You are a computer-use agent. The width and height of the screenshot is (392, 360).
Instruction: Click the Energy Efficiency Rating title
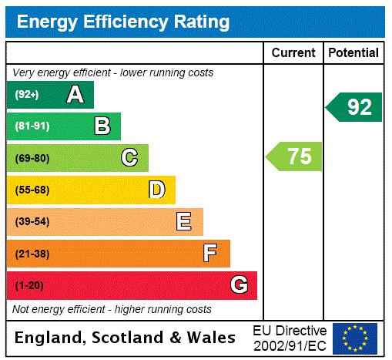(x=123, y=22)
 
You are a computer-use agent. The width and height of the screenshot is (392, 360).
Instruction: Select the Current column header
(x=293, y=53)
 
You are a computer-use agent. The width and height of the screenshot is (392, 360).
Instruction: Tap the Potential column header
(x=353, y=53)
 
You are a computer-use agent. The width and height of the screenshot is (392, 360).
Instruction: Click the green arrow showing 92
(x=355, y=107)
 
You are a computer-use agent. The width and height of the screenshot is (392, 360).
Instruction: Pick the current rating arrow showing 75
(x=295, y=156)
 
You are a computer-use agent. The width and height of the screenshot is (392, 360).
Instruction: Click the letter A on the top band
(x=75, y=95)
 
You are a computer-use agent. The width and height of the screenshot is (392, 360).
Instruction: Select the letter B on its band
(x=102, y=126)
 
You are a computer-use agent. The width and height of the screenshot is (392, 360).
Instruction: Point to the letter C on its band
(x=129, y=158)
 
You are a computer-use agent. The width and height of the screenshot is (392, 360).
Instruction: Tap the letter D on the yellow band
(x=156, y=190)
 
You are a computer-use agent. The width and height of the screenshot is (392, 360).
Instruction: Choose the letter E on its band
(x=184, y=222)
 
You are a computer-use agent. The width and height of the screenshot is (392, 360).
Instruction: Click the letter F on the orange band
(x=210, y=254)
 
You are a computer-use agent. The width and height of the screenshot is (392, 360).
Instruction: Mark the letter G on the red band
(x=239, y=285)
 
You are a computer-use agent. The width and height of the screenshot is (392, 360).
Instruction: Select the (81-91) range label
(x=32, y=126)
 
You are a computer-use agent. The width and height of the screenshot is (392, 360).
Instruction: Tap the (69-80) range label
(x=32, y=158)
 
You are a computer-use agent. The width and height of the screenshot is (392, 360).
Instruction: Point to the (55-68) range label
(x=32, y=190)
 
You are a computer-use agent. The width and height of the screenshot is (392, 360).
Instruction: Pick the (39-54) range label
(x=32, y=222)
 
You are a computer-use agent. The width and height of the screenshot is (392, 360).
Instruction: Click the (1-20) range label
(x=29, y=285)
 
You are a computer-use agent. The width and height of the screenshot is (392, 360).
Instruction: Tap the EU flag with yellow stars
(x=355, y=338)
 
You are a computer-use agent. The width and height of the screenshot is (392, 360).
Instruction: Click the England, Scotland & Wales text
(x=126, y=338)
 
